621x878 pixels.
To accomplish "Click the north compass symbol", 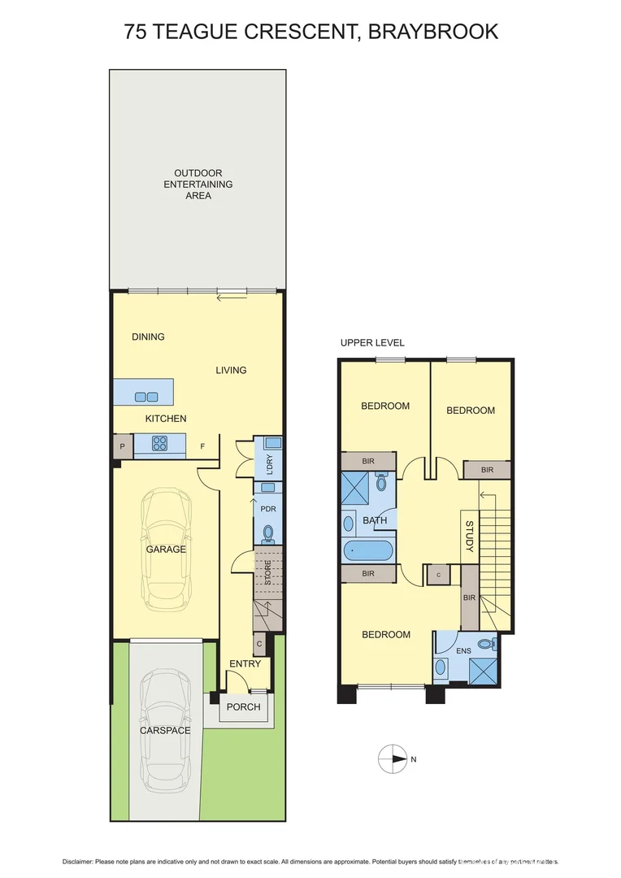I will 393,759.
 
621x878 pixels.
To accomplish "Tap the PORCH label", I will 244,706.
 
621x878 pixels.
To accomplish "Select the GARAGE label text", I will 166,550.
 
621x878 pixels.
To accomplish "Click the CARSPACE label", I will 165,730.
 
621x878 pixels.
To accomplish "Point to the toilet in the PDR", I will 268,533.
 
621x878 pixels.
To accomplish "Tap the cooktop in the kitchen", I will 159,444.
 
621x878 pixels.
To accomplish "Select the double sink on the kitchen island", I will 146,397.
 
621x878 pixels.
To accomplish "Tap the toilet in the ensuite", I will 486,644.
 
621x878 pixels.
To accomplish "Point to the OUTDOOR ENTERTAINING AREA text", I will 198,185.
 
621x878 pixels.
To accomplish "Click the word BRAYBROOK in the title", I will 433,32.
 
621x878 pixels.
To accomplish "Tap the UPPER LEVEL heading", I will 372,342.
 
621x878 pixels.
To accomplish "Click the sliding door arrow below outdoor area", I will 232,298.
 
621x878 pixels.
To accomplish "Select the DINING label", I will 148,337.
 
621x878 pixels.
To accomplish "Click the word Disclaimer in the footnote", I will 80,861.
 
